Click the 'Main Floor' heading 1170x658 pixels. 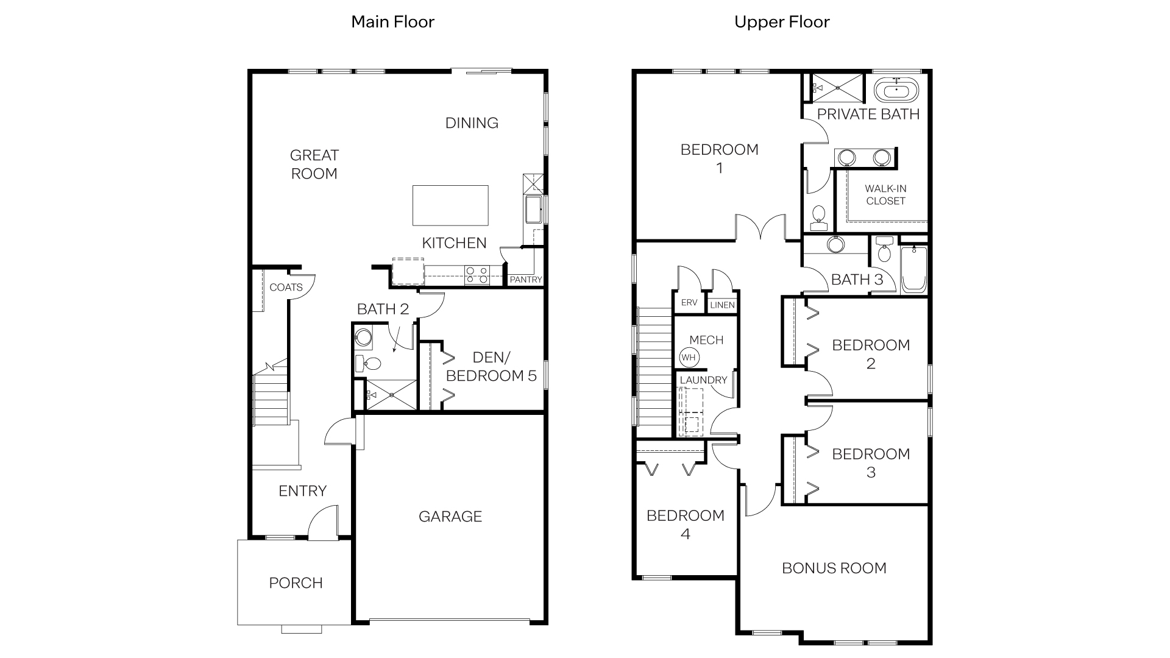pos(392,22)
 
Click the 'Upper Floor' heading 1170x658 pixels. pos(781,22)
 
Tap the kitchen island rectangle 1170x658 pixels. pos(450,205)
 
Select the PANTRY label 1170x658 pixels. pos(525,280)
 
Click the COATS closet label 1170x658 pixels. pos(286,287)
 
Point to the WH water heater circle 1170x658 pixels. pos(689,357)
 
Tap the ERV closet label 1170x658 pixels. pos(689,303)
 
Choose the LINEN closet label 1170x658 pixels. pos(722,305)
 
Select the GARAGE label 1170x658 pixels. pos(450,517)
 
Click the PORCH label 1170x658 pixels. pos(296,583)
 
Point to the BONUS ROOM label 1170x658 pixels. pos(834,568)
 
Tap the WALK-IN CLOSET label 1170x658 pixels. pos(885,195)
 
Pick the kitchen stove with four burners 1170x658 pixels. pos(476,275)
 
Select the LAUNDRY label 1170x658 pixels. pos(703,380)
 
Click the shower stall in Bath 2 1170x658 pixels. pos(391,394)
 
